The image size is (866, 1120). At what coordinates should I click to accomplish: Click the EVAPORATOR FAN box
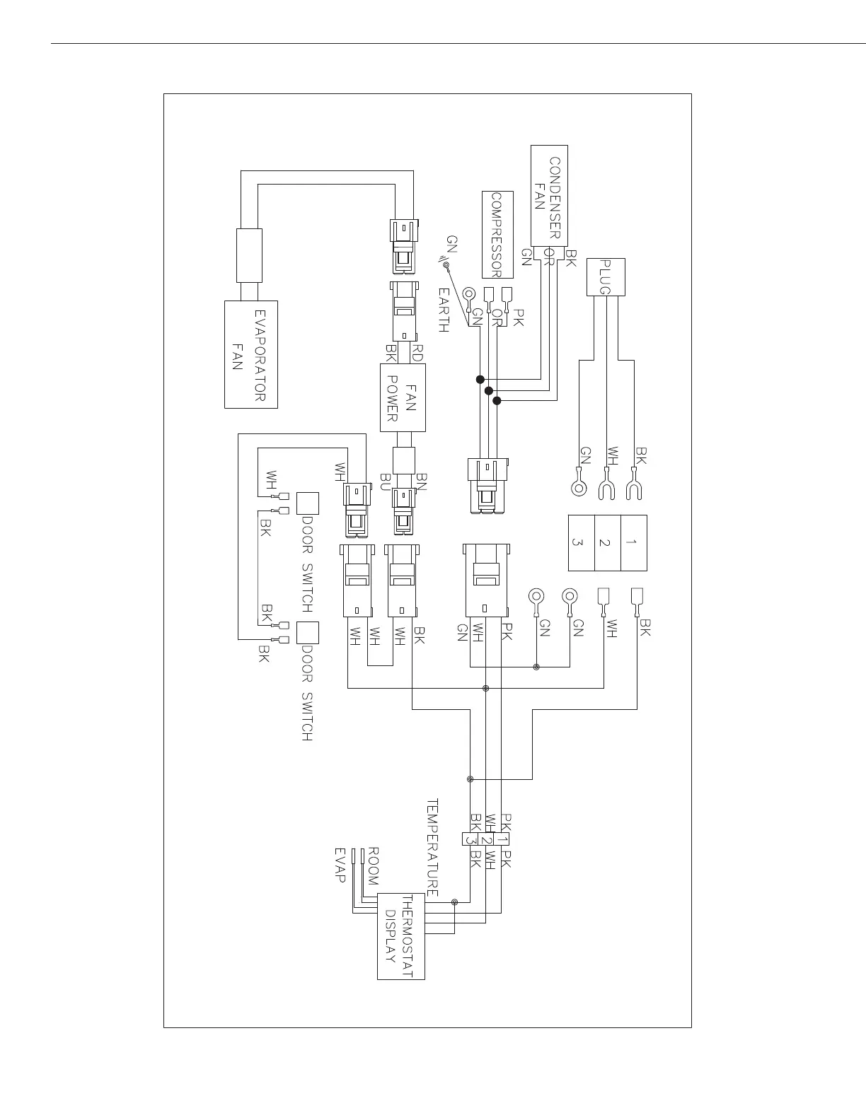pos(250,354)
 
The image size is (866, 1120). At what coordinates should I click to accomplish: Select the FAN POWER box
pos(403,397)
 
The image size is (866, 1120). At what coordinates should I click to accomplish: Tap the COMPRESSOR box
pos(497,234)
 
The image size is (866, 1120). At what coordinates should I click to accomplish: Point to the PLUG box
pos(605,276)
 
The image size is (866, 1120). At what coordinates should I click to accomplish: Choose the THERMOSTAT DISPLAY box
pos(400,935)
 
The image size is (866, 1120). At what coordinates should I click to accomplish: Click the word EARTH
pos(444,310)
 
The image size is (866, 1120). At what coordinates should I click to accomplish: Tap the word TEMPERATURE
pos(432,848)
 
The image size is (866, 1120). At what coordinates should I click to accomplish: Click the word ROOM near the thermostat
pos(373,865)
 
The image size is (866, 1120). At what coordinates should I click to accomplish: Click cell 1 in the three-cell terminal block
pos(633,542)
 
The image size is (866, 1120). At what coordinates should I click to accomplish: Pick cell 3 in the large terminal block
pos(582,542)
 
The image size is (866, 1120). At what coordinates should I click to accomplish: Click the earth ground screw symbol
pos(446,264)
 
